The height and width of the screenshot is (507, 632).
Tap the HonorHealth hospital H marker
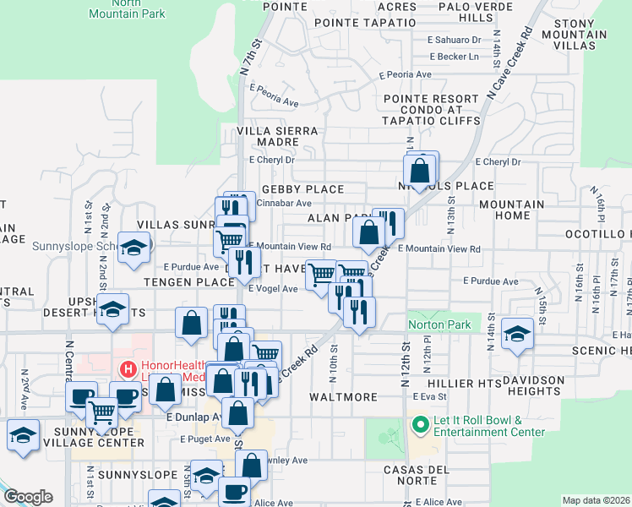[x=128, y=369]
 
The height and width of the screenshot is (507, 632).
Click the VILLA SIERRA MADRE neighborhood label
[x=278, y=137]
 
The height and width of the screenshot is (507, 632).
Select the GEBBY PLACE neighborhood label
[x=302, y=189]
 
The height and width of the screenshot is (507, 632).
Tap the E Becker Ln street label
[x=454, y=57]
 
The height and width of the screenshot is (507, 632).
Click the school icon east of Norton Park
[x=517, y=334]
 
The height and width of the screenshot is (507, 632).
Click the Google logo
[x=28, y=497]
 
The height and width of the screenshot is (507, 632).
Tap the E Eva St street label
[x=428, y=395]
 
